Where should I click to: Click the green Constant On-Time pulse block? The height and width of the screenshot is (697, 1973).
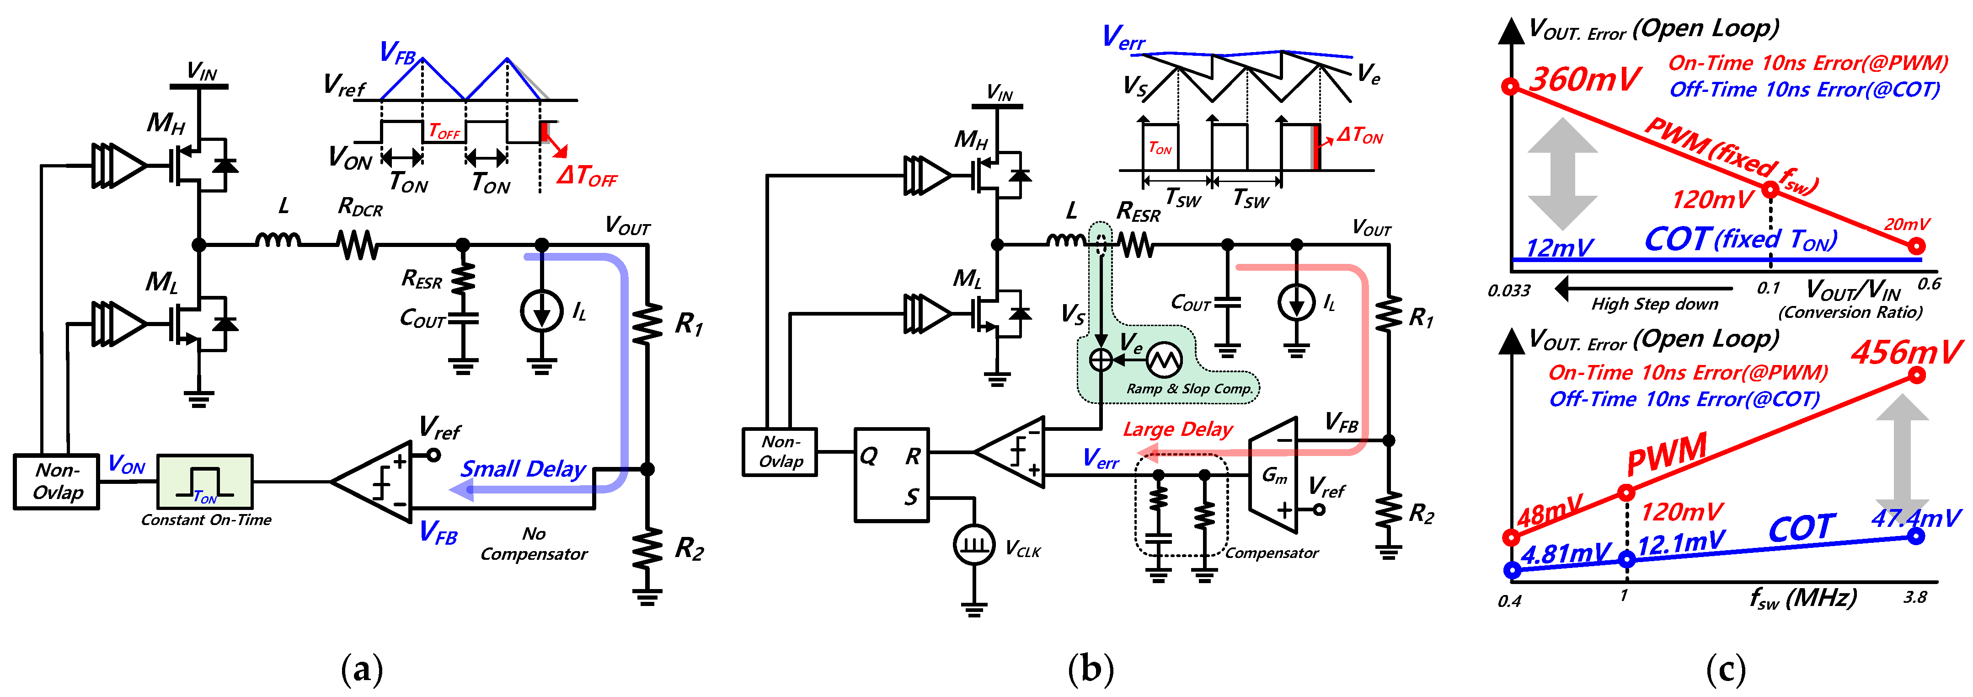coord(204,482)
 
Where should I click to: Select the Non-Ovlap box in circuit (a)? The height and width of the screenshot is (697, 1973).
coord(57,482)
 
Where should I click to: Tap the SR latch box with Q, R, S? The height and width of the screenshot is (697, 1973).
coord(892,475)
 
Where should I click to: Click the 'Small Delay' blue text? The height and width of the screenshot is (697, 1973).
coord(523,469)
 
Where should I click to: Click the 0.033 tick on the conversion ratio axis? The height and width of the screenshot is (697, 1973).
coord(1509,291)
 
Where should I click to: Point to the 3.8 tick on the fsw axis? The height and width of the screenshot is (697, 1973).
coord(1915,597)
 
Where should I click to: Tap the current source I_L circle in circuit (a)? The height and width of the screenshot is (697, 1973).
coord(541,312)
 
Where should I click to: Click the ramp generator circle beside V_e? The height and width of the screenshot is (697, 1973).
coord(1163,359)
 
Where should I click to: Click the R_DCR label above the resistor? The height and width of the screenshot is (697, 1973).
coord(360,207)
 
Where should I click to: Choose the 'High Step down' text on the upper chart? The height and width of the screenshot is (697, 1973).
coord(1654,304)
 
